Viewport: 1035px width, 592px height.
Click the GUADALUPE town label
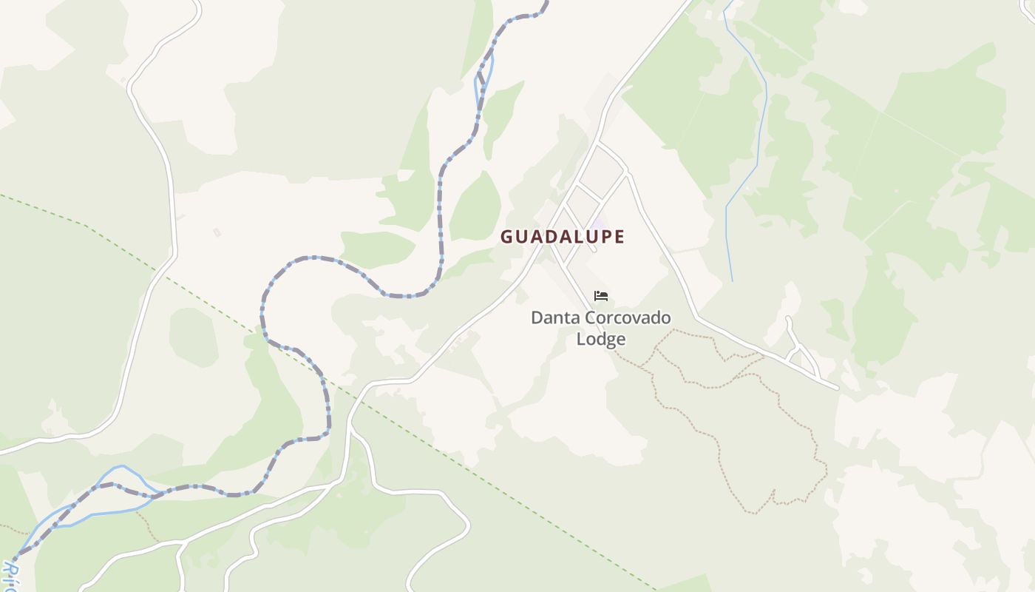563,237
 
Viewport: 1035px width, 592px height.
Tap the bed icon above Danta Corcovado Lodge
601,296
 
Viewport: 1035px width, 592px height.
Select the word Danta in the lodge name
555,318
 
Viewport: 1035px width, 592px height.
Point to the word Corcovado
628,318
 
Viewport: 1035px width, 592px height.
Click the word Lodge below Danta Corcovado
601,339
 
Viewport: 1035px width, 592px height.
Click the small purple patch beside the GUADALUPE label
599,222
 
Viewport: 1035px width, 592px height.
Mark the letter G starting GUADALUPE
507,237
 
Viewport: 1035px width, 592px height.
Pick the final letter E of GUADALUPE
620,237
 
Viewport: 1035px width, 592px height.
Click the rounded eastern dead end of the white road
835,386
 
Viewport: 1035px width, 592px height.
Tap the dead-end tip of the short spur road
789,320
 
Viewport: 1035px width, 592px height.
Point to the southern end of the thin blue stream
732,280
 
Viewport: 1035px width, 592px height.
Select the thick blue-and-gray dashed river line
441,222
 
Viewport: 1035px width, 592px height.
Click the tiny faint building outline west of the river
217,232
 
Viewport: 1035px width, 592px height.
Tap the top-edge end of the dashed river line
546,3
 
